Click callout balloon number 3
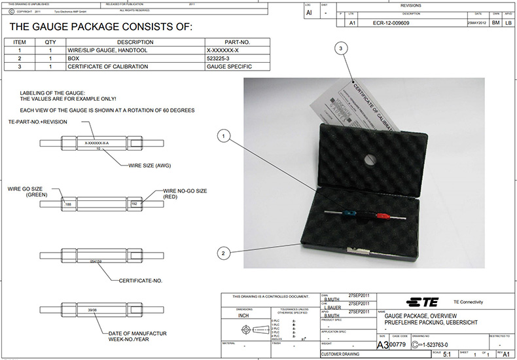[340, 48]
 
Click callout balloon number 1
[224, 137]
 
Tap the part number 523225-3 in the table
[222, 58]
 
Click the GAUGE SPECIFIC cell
[228, 66]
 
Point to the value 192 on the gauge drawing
[135, 204]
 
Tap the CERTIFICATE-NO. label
[140, 280]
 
